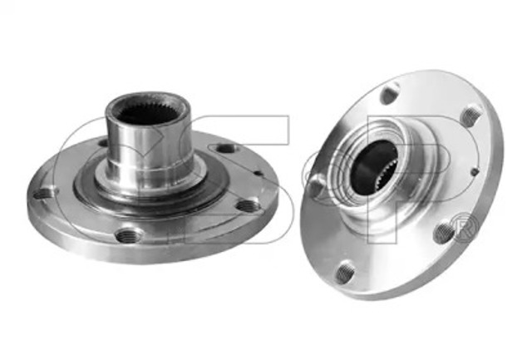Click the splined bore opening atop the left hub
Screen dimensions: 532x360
click(x=146, y=112)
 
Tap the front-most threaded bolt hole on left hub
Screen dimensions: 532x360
click(x=130, y=235)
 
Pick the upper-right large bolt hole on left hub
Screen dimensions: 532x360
click(x=226, y=148)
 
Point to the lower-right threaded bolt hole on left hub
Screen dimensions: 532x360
click(x=249, y=205)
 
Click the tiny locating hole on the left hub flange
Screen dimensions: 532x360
click(x=259, y=173)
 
